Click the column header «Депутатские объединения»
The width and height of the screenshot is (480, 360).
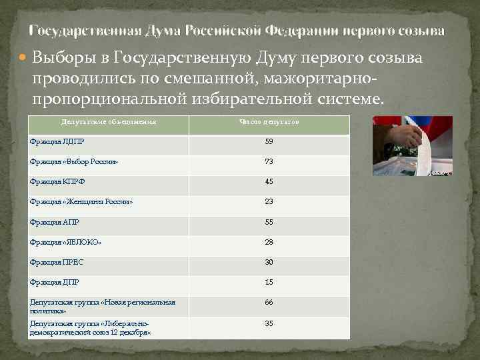pyautogui.click(x=109, y=123)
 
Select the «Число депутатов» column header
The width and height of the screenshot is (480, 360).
pyautogui.click(x=269, y=123)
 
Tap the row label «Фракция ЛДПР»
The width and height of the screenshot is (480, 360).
pyautogui.click(x=57, y=142)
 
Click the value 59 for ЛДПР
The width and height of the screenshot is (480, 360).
pyautogui.click(x=269, y=142)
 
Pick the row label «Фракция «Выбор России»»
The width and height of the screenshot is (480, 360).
pyautogui.click(x=74, y=162)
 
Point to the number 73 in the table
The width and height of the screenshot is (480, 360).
pyautogui.click(x=269, y=162)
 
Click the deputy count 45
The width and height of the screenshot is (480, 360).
pyautogui.click(x=269, y=182)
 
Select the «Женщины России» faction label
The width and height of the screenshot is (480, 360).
pyautogui.click(x=81, y=202)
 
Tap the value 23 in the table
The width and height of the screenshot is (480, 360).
pyautogui.click(x=269, y=202)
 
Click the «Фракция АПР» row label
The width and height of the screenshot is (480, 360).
pyautogui.click(x=55, y=222)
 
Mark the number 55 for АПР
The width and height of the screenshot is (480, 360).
pyautogui.click(x=269, y=222)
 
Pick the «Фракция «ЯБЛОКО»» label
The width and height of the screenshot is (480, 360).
pyautogui.click(x=66, y=242)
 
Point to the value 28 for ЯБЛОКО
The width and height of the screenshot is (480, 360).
pyautogui.click(x=269, y=242)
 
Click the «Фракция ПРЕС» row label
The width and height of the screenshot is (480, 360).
pyautogui.click(x=57, y=262)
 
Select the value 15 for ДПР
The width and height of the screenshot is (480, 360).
pyautogui.click(x=269, y=282)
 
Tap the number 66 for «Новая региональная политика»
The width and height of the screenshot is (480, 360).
pyautogui.click(x=269, y=303)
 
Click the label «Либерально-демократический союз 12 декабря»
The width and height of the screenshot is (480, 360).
pyautogui.click(x=91, y=327)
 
